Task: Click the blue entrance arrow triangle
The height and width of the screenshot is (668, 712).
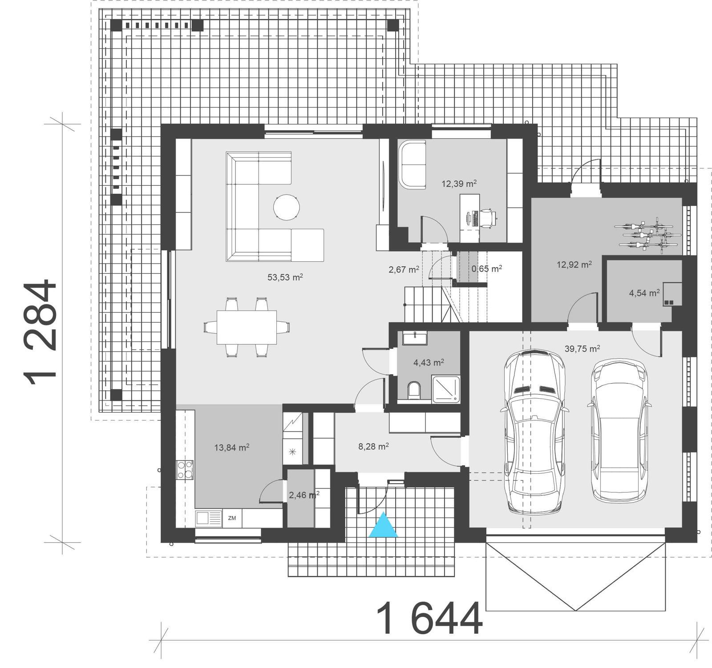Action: pyautogui.click(x=383, y=526)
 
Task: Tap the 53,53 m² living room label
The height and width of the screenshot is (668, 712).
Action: pyautogui.click(x=285, y=277)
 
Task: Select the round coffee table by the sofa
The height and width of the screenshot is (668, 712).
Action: pyautogui.click(x=286, y=207)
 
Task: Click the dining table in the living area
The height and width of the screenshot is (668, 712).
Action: pyautogui.click(x=247, y=327)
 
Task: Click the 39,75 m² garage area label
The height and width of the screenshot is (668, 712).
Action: pyautogui.click(x=582, y=349)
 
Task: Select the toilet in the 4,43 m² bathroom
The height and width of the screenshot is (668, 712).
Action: pyautogui.click(x=414, y=389)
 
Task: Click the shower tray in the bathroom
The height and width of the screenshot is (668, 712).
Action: pyautogui.click(x=446, y=389)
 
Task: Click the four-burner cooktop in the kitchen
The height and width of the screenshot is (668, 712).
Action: pyautogui.click(x=185, y=469)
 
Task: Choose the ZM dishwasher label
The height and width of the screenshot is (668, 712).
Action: pyautogui.click(x=232, y=518)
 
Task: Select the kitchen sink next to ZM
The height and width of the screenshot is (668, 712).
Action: pyautogui.click(x=208, y=518)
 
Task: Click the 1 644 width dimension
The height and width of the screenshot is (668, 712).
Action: pyautogui.click(x=429, y=619)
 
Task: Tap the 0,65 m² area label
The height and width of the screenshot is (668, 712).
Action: pyautogui.click(x=487, y=268)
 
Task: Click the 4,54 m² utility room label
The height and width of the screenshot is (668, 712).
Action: pyautogui.click(x=644, y=293)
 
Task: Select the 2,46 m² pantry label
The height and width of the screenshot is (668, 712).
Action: pyautogui.click(x=304, y=495)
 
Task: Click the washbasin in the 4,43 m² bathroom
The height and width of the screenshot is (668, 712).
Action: pyautogui.click(x=415, y=338)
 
